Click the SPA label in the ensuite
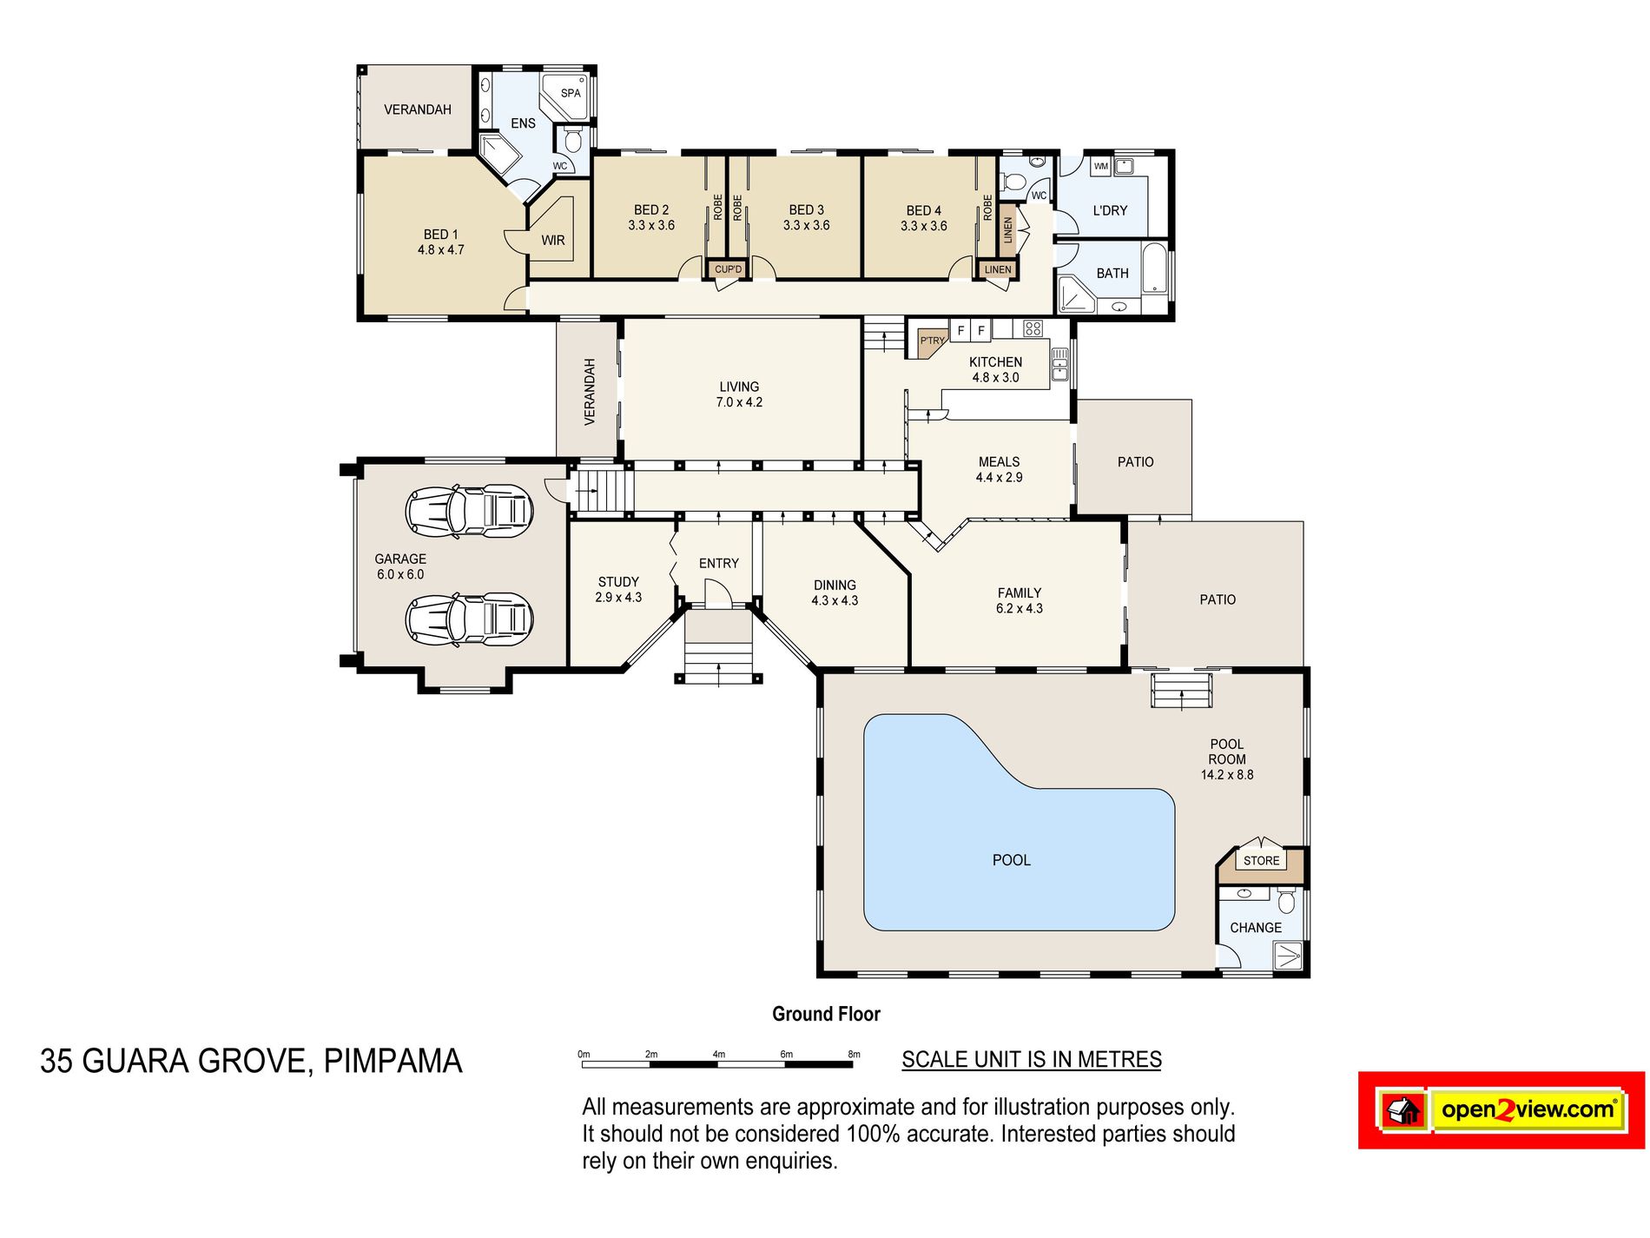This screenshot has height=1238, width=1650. [571, 93]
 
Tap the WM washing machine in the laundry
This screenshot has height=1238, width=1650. [1101, 166]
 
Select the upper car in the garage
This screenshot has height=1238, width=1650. [469, 510]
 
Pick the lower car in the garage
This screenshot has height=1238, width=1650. [469, 619]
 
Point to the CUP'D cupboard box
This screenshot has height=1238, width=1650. [728, 269]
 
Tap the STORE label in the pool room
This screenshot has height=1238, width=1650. [1262, 860]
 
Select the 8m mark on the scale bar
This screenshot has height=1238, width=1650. [855, 1054]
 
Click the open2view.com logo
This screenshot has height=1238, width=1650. [1501, 1110]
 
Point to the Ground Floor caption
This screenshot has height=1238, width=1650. [826, 1014]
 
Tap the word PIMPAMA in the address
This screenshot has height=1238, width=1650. [393, 1061]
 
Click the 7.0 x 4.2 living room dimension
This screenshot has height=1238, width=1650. [739, 402]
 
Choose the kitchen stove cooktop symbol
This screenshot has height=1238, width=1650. [1033, 328]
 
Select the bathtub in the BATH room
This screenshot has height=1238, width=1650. [1154, 269]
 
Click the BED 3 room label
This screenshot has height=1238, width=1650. [807, 209]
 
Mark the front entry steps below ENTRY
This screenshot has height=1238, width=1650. [718, 646]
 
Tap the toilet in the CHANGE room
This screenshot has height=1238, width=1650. [1286, 901]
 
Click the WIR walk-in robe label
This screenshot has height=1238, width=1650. [553, 241]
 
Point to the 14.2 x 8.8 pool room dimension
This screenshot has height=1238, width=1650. [1227, 775]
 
